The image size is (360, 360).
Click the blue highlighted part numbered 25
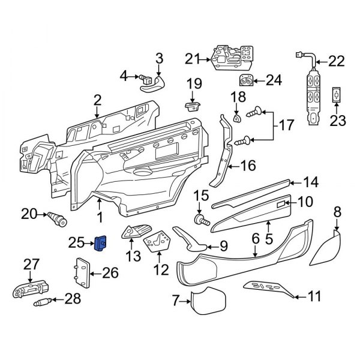100,244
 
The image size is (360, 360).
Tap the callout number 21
191,59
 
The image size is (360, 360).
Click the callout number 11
314,296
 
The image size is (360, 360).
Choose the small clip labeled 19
191,106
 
